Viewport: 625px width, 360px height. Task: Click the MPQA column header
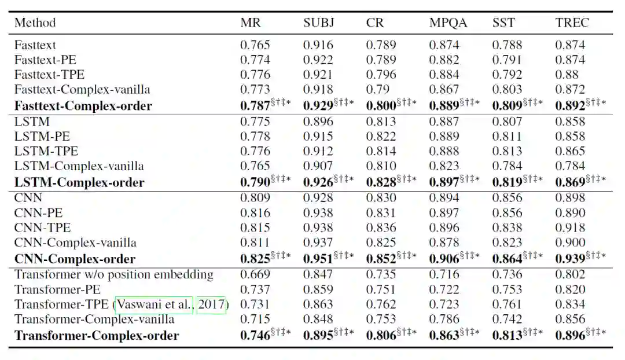tap(448, 23)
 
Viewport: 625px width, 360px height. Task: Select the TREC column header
tap(572, 23)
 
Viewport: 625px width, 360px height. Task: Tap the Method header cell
tap(35, 23)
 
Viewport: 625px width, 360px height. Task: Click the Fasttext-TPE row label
tap(49, 75)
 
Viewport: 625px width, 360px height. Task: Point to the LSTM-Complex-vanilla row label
tap(79, 166)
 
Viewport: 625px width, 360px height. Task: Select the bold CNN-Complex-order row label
tap(75, 259)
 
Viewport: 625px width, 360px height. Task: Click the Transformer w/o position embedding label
tap(114, 274)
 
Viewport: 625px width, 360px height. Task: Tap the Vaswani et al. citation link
tap(155, 304)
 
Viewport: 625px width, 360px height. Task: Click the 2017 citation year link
tap(211, 304)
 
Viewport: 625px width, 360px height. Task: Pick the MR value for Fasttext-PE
tap(255, 60)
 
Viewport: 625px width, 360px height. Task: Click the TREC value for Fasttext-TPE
tap(567, 75)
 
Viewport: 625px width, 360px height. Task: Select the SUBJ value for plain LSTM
tap(318, 122)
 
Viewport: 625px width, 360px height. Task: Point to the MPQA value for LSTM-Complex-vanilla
tap(444, 166)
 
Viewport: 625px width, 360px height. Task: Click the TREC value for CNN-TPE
tap(570, 228)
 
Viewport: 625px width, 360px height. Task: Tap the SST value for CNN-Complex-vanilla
tap(508, 243)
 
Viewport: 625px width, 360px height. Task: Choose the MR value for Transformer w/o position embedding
tap(255, 274)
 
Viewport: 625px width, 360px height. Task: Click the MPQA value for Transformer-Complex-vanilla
tap(444, 319)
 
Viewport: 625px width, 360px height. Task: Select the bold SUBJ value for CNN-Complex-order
tap(319, 259)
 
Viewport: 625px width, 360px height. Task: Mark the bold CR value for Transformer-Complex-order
tap(381, 336)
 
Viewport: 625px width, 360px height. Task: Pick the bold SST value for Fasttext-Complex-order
tap(508, 106)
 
